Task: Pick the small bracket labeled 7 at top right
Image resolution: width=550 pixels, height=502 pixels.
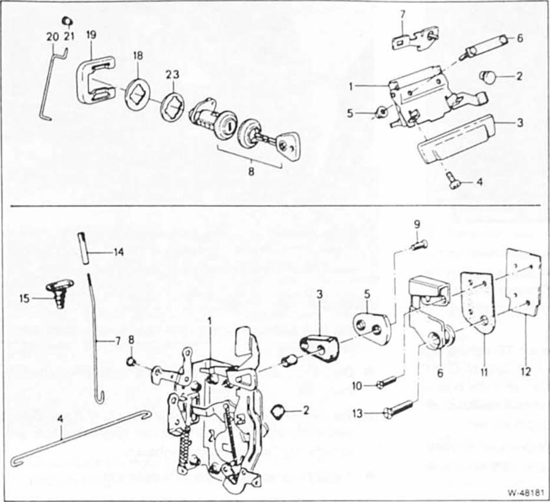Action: coord(413,39)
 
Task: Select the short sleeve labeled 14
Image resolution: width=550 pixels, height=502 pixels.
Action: coord(83,250)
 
